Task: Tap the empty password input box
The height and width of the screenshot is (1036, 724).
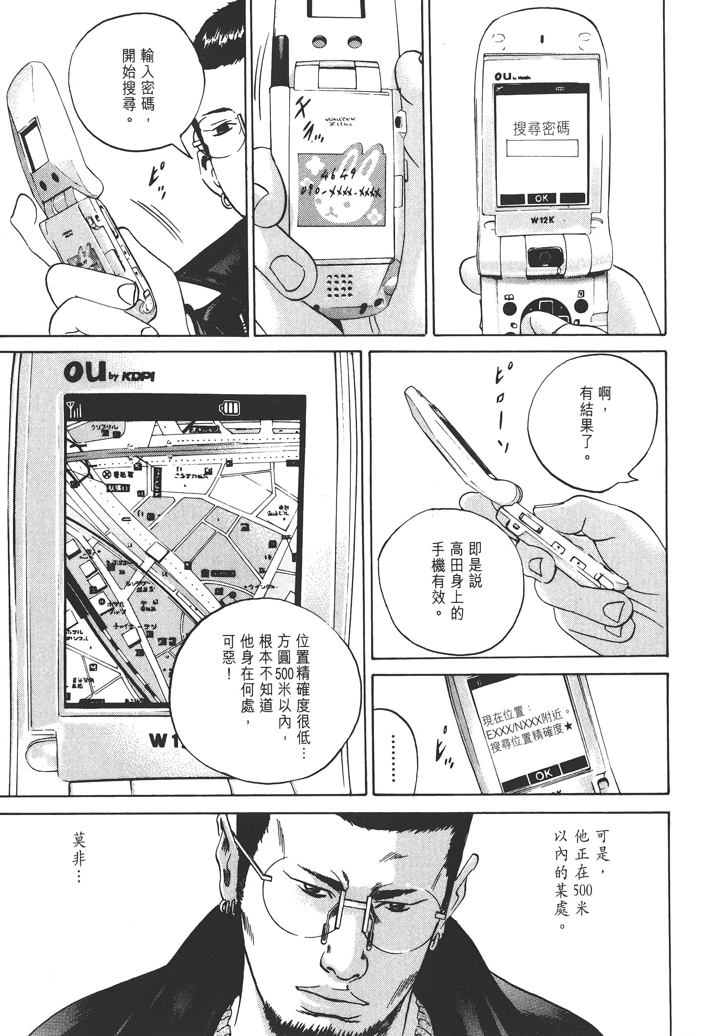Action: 542,148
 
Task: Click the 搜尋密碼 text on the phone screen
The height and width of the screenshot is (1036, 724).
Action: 541,128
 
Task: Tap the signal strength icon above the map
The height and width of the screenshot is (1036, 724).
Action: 75,410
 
